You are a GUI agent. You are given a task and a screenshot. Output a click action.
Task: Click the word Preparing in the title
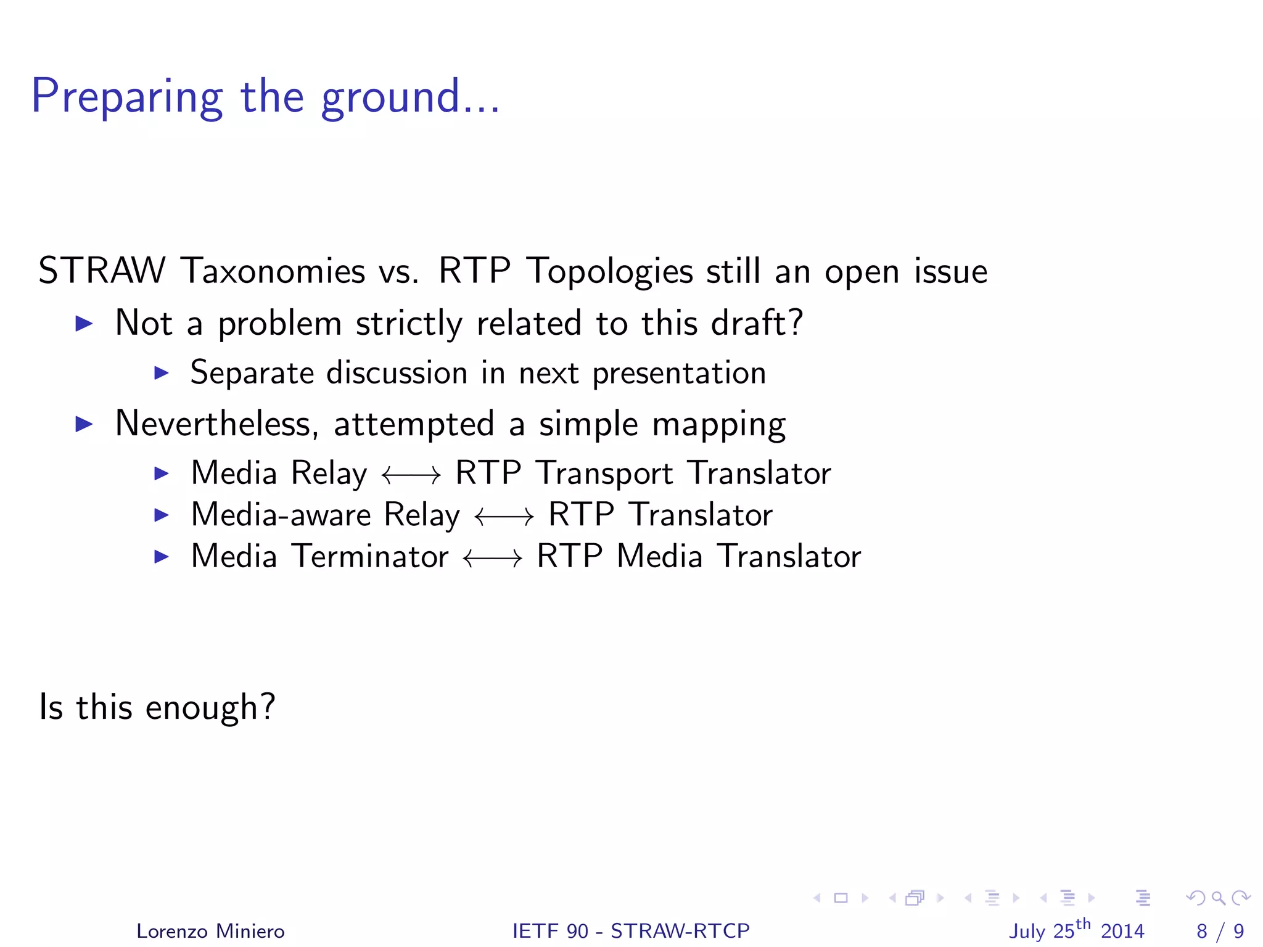click(126, 97)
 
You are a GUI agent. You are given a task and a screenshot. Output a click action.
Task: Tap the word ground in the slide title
click(390, 97)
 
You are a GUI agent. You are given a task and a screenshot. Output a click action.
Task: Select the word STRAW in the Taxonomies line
click(102, 271)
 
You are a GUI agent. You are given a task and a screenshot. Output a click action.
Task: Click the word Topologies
click(609, 272)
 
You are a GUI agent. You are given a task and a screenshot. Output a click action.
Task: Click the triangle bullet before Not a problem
click(84, 323)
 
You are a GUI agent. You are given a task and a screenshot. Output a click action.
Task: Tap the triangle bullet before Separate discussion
click(161, 372)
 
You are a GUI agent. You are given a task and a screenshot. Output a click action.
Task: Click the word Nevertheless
click(216, 424)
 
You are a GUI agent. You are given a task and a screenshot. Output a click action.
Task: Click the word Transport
click(604, 473)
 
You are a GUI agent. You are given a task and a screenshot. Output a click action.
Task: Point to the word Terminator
click(369, 556)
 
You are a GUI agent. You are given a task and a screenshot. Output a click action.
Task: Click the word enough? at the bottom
click(210, 707)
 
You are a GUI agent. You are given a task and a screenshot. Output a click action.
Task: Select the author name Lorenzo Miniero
click(210, 931)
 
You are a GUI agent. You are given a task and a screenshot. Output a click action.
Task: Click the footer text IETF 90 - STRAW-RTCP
click(631, 931)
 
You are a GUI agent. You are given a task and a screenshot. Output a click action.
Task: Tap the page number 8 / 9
click(1220, 931)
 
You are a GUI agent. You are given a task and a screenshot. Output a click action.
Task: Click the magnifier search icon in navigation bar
click(1218, 898)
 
